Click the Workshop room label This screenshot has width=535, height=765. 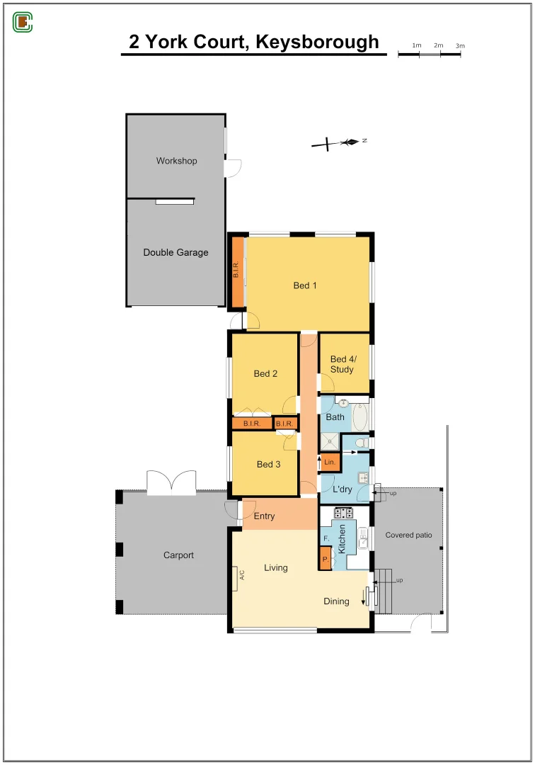176,161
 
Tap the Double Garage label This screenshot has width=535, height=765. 176,252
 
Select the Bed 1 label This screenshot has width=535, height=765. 305,285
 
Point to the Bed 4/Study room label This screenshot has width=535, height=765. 343,364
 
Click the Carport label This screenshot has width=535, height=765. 178,555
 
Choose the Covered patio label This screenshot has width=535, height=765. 408,535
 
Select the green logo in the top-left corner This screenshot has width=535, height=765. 23,23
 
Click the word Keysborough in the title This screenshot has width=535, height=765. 317,42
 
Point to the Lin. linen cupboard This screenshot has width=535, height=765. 330,462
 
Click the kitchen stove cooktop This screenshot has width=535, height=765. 344,512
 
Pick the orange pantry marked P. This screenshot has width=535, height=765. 326,560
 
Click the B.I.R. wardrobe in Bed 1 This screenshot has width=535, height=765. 237,272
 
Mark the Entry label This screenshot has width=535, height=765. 264,516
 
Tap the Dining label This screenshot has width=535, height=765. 336,601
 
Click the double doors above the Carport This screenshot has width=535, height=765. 171,482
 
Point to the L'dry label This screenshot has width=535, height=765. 343,489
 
